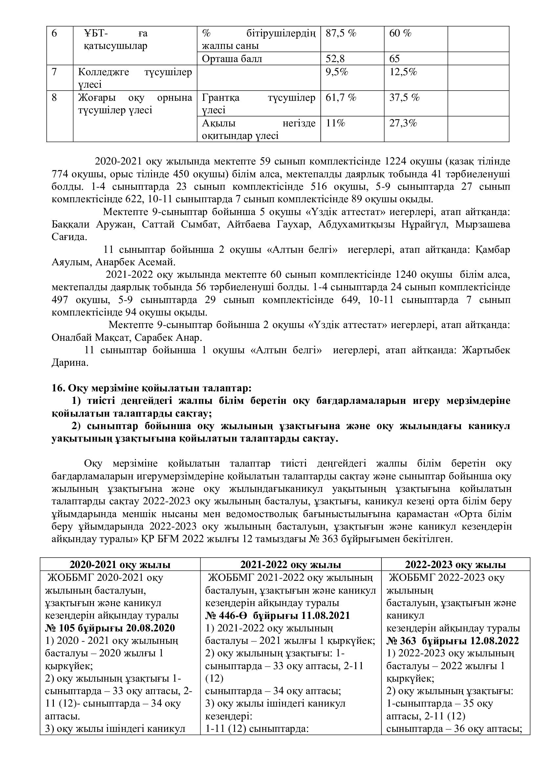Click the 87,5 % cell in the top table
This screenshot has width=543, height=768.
pos(341,33)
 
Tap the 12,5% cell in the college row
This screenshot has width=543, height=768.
pos(403,72)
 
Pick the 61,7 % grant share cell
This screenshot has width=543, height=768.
pos(341,98)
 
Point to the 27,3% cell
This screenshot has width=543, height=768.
pos(403,123)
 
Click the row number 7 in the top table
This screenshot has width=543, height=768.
pos(54,72)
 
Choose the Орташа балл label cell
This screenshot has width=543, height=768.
pos(232,59)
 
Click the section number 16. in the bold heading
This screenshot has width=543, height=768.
pos(59,388)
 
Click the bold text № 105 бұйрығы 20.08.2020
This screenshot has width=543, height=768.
pos(110,628)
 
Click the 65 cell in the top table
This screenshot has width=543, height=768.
pos(395,59)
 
